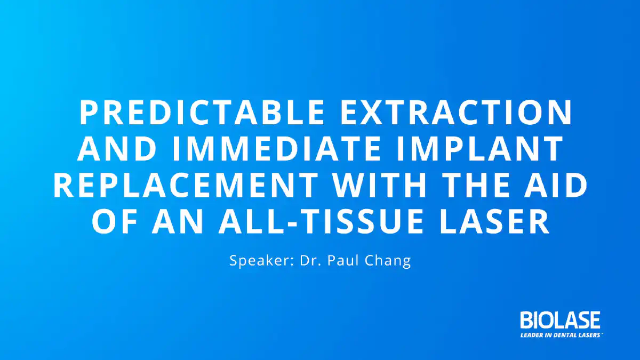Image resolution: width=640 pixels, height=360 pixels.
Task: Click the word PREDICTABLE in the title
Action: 202,113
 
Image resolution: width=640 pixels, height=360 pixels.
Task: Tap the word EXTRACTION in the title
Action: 456,113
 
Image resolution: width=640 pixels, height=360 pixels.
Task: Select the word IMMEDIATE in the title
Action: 276,149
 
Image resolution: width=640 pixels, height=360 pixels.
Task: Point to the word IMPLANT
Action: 479,149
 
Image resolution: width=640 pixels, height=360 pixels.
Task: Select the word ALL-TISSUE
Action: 321,221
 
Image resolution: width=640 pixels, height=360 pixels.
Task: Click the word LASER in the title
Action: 494,221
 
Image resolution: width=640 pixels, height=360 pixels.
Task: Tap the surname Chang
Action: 388,261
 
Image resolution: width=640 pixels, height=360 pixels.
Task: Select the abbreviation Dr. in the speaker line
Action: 310,260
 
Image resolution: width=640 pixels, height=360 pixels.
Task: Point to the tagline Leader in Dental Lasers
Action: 561,335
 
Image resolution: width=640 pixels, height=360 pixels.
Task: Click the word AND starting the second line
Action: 117,149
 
